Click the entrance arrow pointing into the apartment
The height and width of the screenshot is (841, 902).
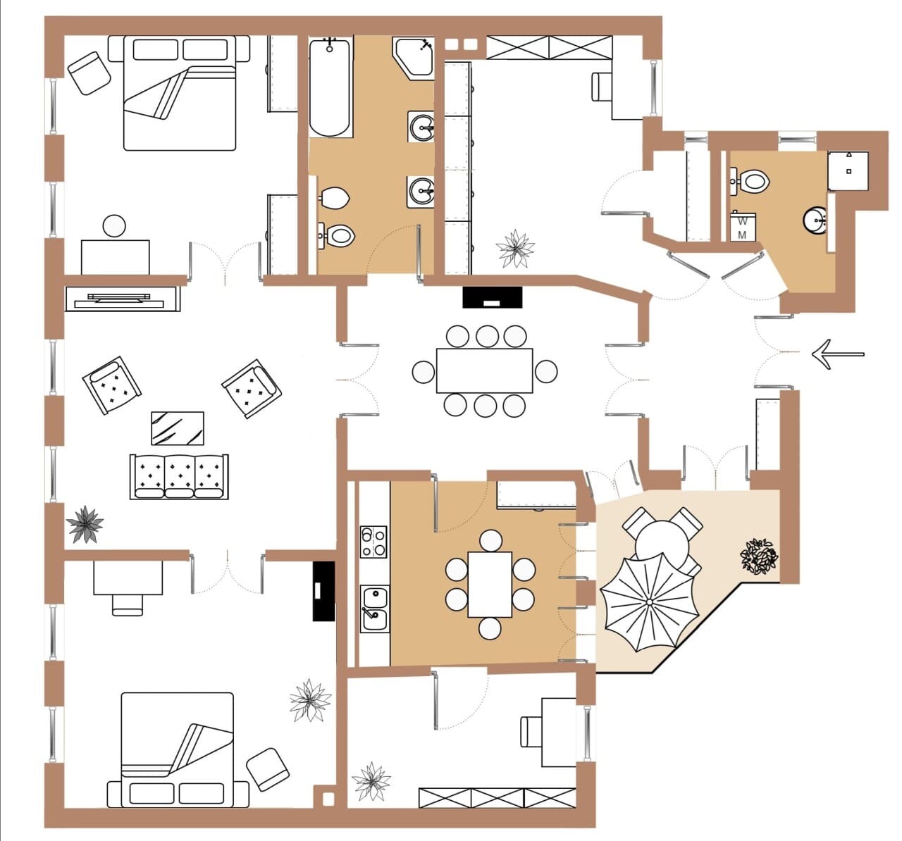pos(838,354)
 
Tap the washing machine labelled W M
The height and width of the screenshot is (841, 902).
pos(742,227)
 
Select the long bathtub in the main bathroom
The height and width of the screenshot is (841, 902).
pos(330,87)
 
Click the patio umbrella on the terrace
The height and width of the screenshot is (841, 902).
pos(650,602)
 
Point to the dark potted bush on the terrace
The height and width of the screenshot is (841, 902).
pos(759,556)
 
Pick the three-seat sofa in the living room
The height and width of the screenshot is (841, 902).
pos(179,476)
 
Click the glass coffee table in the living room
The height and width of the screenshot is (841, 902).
pos(177,428)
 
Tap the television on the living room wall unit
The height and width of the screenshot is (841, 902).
pos(119,300)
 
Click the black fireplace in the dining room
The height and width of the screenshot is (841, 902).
pos(493,297)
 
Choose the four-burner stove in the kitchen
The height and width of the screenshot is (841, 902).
pos(373,542)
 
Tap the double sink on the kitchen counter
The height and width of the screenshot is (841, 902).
pos(374,609)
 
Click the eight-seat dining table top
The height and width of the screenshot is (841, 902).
pos(484,370)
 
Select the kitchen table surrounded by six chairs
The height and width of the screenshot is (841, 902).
pos(490,585)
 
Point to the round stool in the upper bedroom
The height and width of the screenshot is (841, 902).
pos(114,226)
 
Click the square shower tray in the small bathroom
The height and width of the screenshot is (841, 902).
pos(848,170)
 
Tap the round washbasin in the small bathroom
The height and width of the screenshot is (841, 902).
pos(815,220)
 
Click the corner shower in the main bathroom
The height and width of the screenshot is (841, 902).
pos(414,59)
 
